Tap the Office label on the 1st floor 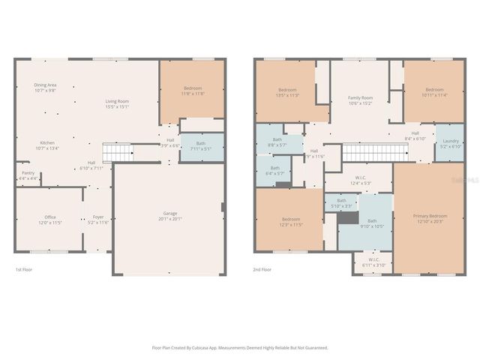pyautogui.click(x=49, y=218)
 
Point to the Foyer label pyautogui.click(x=98, y=217)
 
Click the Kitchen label pyautogui.click(x=46, y=142)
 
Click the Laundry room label pyautogui.click(x=451, y=140)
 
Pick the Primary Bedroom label pyautogui.click(x=429, y=216)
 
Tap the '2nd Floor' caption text pyautogui.click(x=262, y=268)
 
